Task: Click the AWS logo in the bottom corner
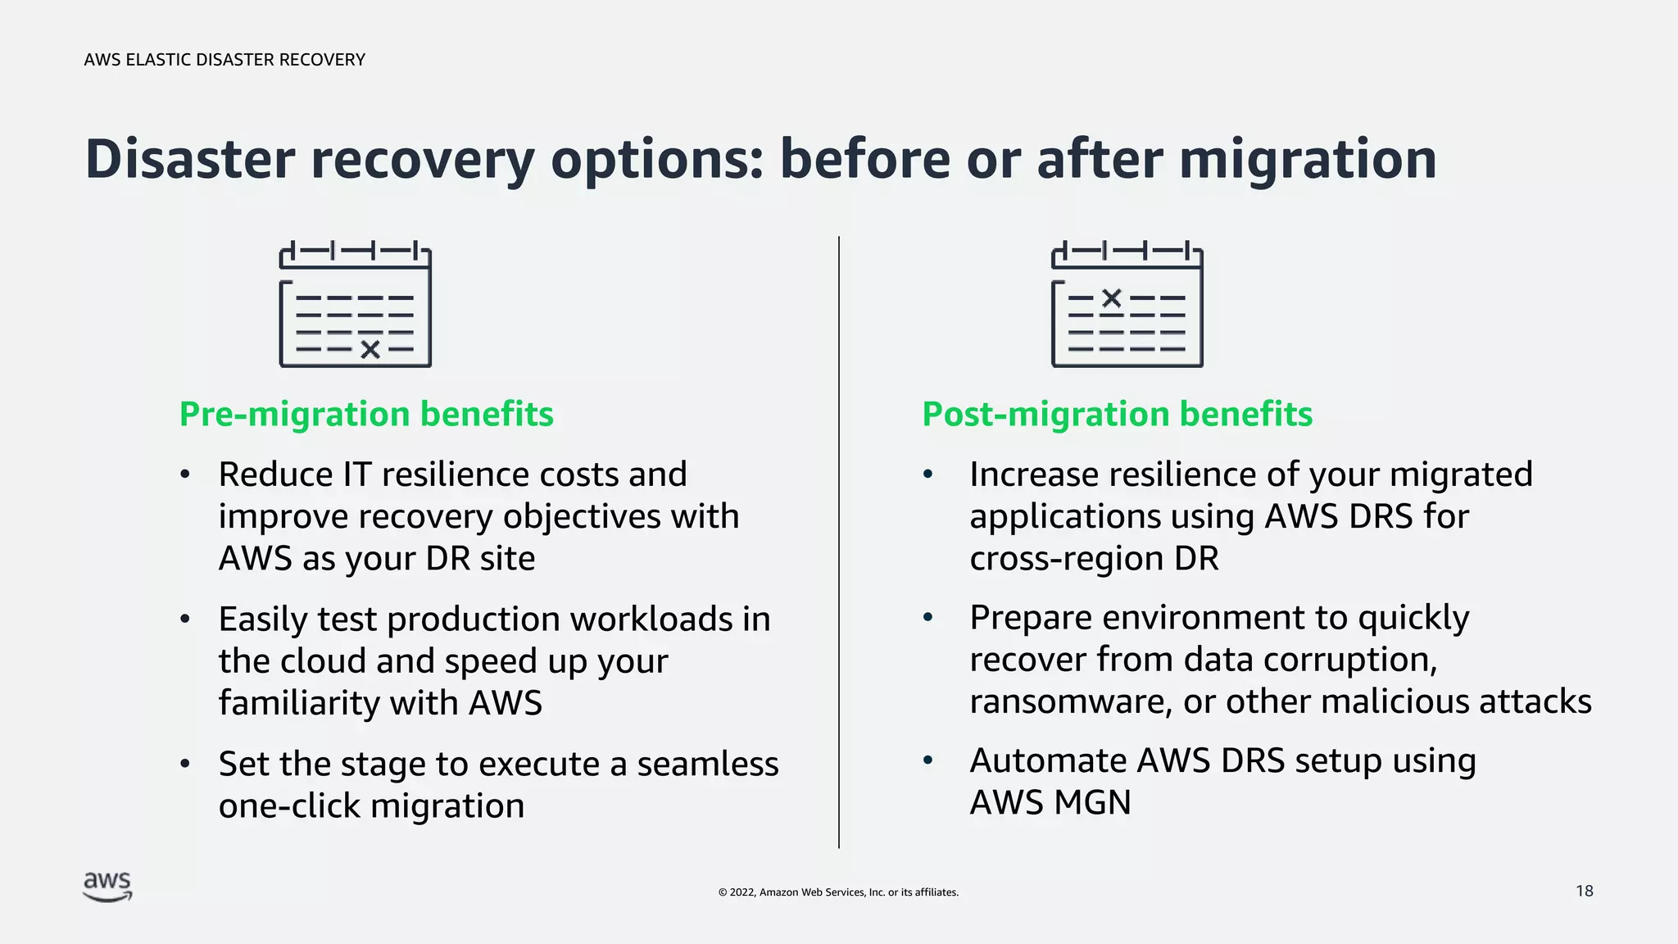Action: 107,887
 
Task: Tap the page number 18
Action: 1584,891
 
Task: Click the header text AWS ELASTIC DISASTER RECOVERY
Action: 224,60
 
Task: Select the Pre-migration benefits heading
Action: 366,414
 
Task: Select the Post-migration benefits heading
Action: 1117,414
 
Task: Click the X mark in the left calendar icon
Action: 370,350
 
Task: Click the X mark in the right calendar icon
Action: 1111,298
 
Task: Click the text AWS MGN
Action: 1050,803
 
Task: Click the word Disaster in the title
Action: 189,159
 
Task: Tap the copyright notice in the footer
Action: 838,892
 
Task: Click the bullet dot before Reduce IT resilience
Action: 185,474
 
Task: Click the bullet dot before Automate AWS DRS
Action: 927,760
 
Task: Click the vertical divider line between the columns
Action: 839,541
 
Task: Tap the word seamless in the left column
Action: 707,764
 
